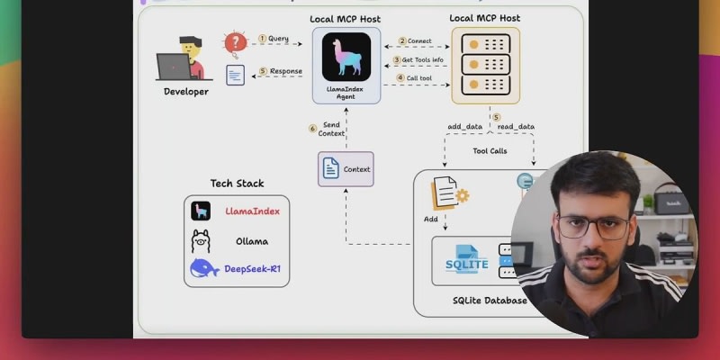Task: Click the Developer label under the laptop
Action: (x=186, y=92)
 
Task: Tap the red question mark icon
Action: (x=235, y=42)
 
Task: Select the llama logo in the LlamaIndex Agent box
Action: (x=346, y=56)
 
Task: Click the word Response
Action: (x=285, y=71)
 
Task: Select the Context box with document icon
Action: (x=346, y=169)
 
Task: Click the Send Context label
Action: (x=331, y=129)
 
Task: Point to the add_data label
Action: (x=465, y=127)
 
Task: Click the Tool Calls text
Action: (x=490, y=151)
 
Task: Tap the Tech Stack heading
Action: (x=236, y=184)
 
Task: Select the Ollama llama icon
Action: (x=201, y=240)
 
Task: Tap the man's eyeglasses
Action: (x=593, y=226)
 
